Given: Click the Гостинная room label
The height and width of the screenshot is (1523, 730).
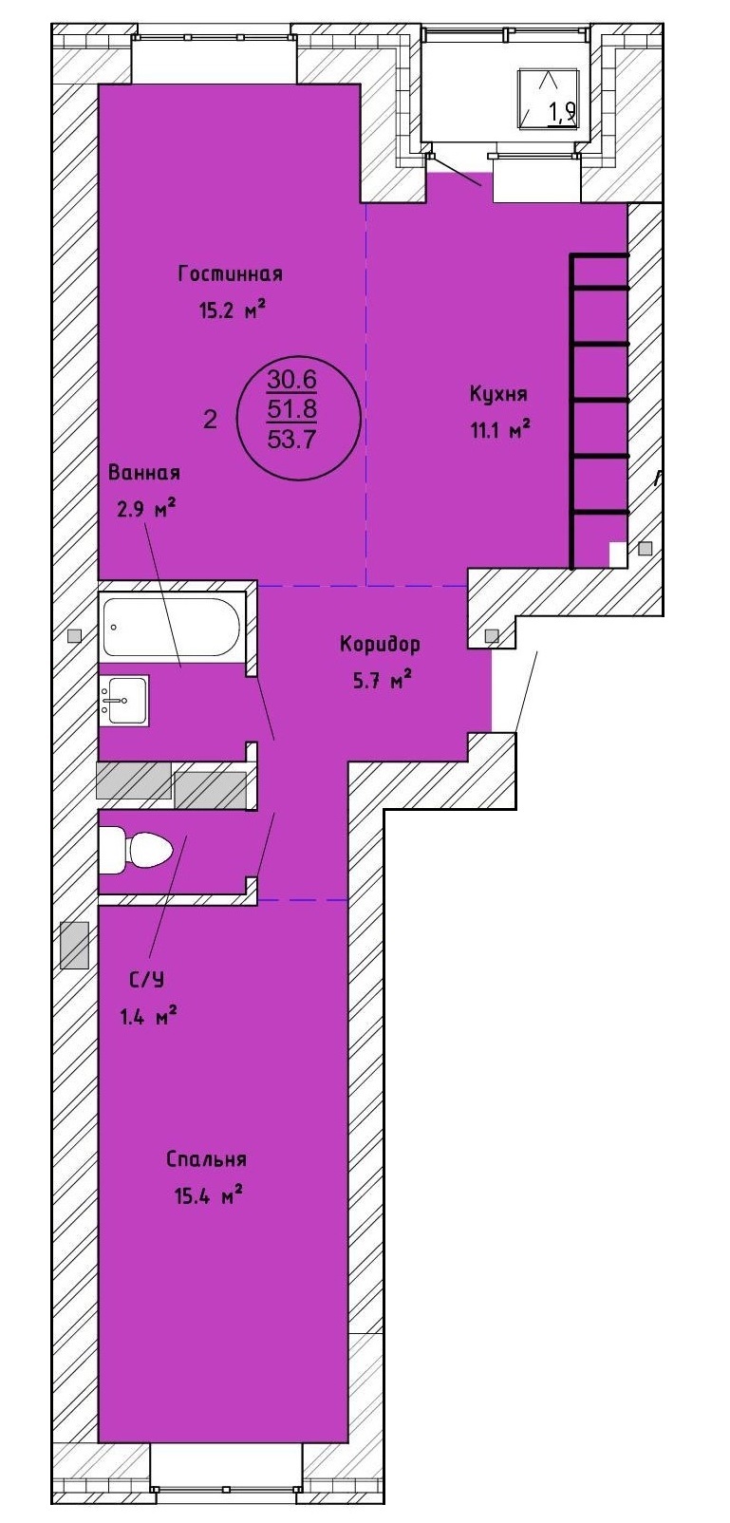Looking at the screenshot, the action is pos(230,274).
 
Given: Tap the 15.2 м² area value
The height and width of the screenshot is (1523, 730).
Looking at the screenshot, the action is pos(231,311).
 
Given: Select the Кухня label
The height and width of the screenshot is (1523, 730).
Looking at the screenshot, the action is pos(498,395).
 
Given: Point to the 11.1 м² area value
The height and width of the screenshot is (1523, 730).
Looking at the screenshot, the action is pos(499,430).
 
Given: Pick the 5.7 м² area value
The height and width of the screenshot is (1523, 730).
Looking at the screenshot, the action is pos(382,679).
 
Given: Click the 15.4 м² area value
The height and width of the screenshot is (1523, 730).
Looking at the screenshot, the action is pos(209,1194).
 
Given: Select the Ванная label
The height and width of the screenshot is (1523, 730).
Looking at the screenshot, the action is pos(144,473).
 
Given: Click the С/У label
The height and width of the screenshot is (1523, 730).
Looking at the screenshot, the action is pos(147,980).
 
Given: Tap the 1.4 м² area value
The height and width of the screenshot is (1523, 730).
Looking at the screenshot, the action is pos(148,1017).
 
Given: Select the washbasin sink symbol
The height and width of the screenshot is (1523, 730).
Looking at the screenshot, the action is pos(124,701).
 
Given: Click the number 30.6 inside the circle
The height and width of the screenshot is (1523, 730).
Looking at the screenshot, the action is pos(291,380).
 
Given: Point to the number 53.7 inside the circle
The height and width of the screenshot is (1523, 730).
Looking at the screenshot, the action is pos(291,441).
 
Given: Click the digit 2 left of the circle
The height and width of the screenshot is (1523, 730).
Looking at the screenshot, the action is pos(211,419).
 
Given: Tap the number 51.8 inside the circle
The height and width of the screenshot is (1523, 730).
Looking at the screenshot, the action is pos(291,410).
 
